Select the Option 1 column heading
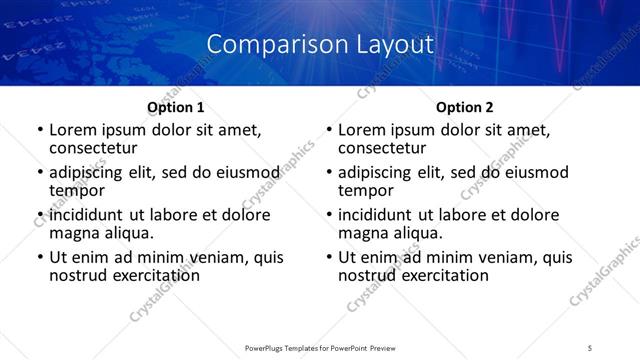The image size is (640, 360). click(x=176, y=107)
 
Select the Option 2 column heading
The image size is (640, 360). click(x=465, y=107)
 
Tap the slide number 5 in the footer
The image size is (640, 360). click(x=591, y=347)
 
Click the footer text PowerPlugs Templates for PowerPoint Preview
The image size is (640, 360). click(x=319, y=347)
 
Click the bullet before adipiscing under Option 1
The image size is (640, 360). click(x=39, y=173)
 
